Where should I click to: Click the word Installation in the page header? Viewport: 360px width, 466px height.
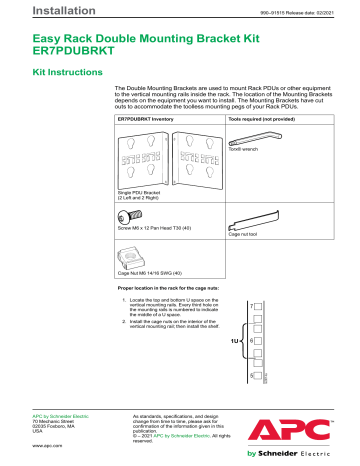(x=37, y=11)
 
